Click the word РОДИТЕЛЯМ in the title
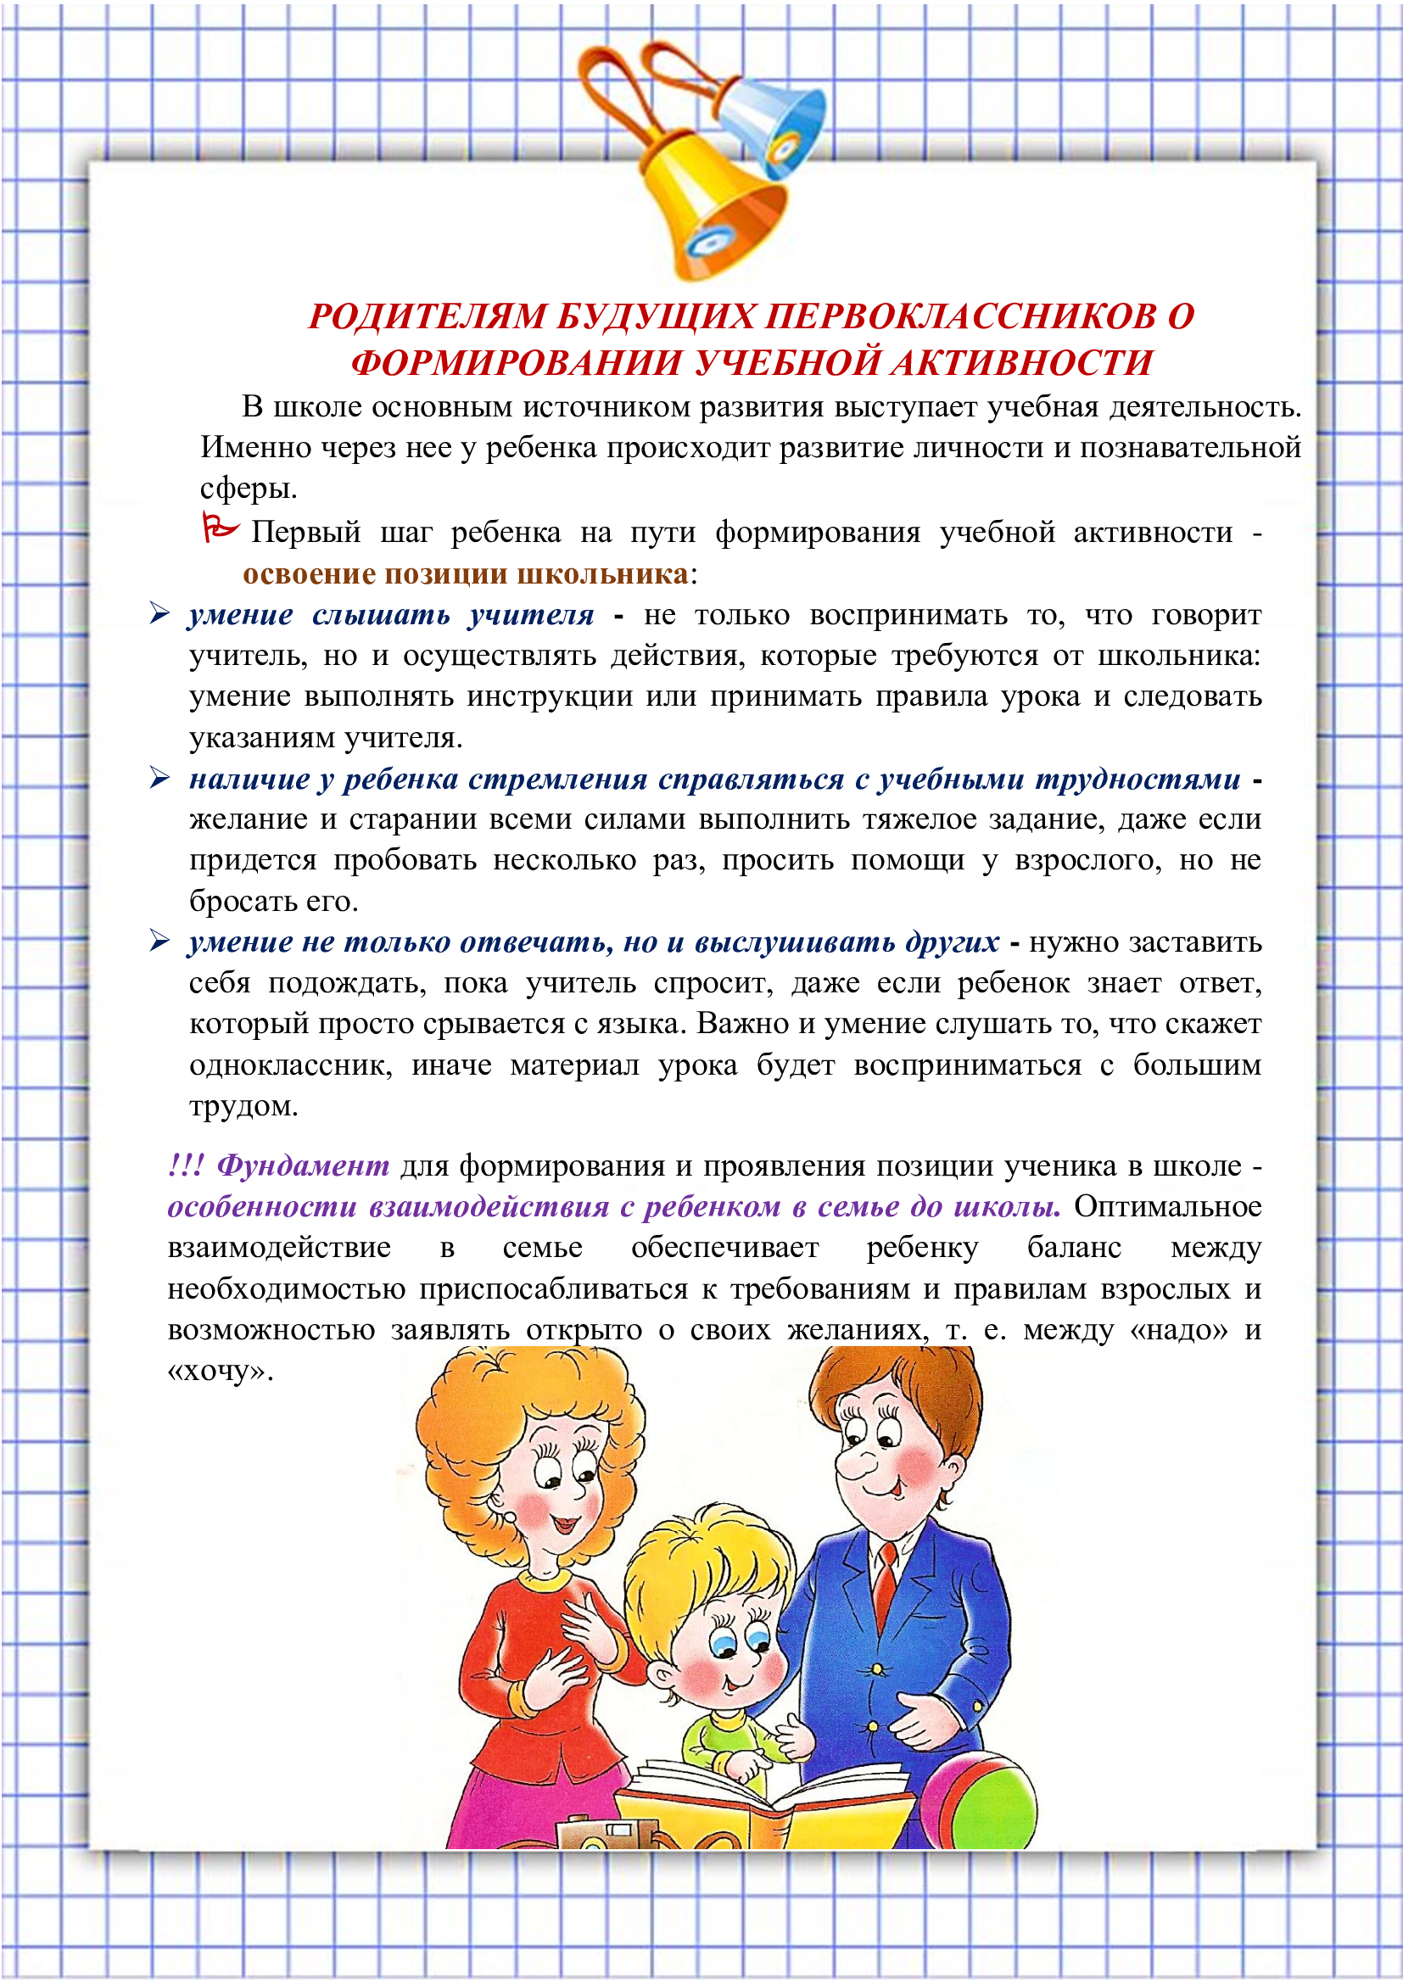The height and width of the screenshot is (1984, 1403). pos(427,317)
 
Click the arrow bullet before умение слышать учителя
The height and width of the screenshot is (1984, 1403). pos(159,614)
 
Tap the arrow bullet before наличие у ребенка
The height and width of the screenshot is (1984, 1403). pos(159,778)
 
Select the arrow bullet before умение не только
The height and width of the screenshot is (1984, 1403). pos(159,941)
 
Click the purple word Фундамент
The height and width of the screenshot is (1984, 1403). pos(303,1165)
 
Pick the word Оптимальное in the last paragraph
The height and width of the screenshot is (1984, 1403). pos(1167,1206)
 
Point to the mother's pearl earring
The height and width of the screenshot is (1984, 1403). pos(510,1515)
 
